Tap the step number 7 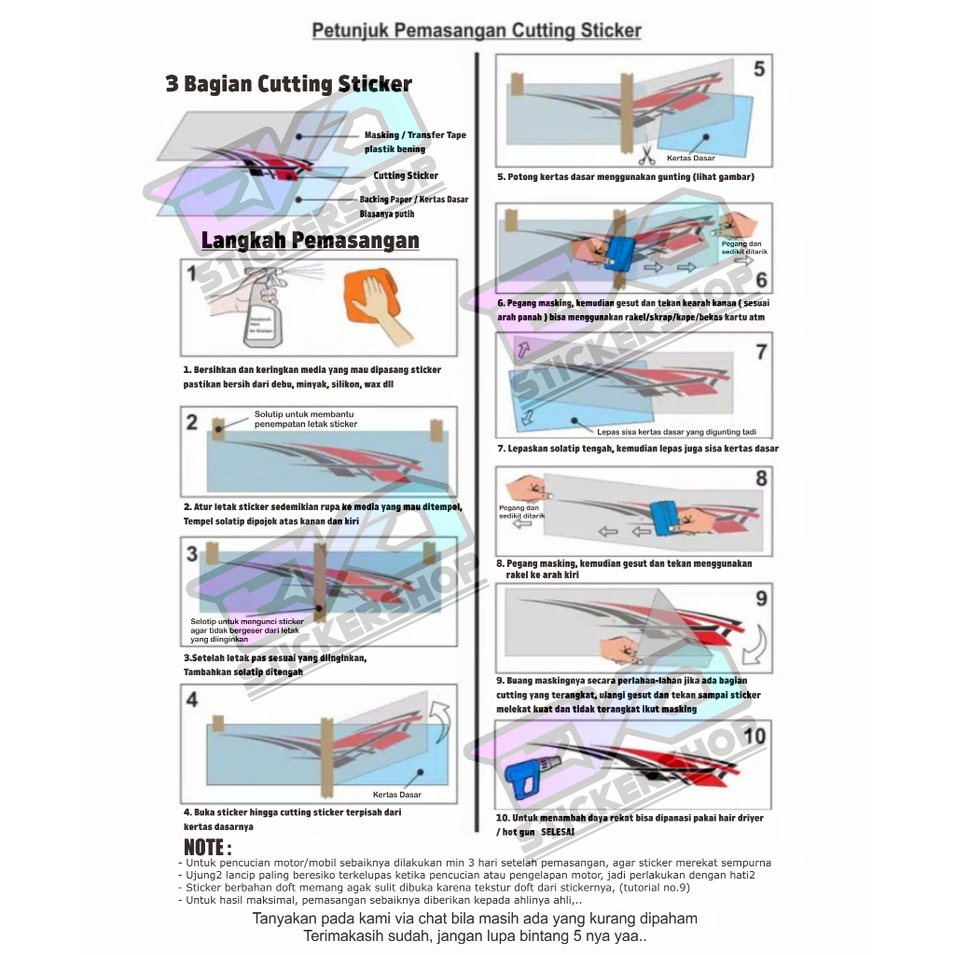tap(761, 352)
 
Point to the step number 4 tap(192, 699)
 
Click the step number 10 tap(754, 736)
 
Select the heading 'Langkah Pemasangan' tap(310, 241)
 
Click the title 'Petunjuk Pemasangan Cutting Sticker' tap(477, 31)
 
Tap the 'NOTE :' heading tap(207, 848)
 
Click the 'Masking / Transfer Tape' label tap(415, 135)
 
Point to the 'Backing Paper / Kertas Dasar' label tap(414, 200)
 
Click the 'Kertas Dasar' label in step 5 tap(691, 159)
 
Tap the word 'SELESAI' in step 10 tap(558, 831)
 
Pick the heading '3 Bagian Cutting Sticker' tap(288, 84)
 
